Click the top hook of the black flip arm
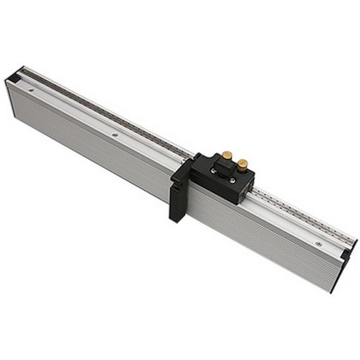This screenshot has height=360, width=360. coord(192,158)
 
